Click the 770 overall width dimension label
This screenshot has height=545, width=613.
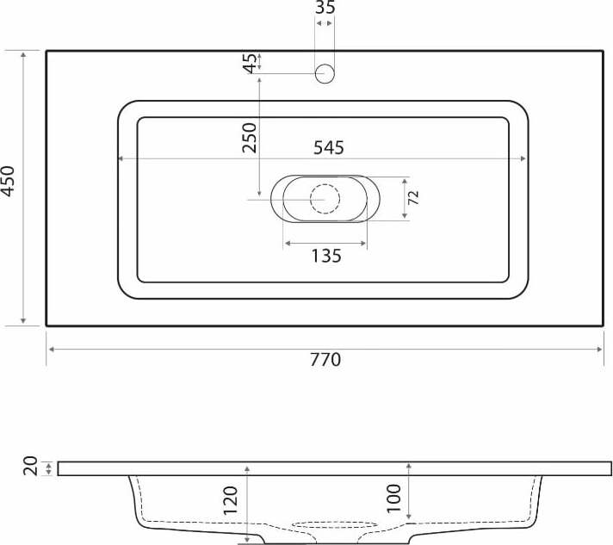[x=325, y=360]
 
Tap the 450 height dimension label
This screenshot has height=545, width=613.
[x=9, y=181]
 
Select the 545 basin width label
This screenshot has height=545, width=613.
[x=329, y=148]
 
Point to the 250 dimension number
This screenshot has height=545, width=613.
[x=250, y=138]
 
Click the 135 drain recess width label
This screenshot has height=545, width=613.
[x=326, y=256]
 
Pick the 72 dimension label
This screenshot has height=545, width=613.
[x=413, y=198]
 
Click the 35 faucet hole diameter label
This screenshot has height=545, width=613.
[x=325, y=8]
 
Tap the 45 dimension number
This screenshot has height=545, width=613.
[x=250, y=64]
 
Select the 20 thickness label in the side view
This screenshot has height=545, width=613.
[x=30, y=466]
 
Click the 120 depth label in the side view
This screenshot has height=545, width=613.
[x=230, y=500]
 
